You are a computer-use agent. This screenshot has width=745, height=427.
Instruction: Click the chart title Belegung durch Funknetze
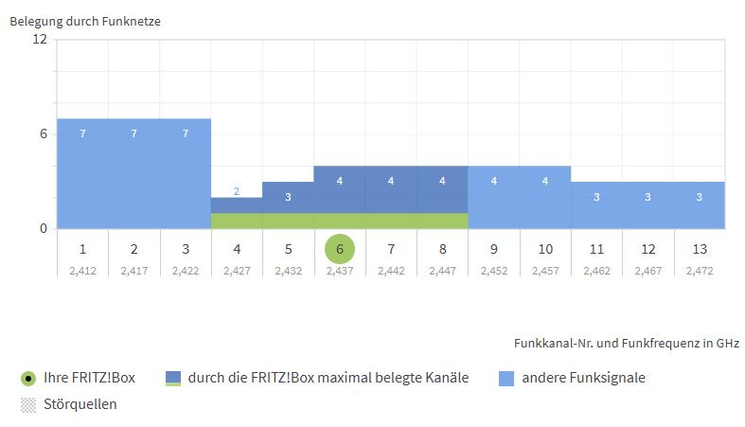[85, 22]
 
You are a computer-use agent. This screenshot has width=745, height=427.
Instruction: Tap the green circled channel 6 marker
[340, 249]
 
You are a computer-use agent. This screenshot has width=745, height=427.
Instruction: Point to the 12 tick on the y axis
[39, 39]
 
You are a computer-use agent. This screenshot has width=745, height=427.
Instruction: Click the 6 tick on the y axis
[43, 133]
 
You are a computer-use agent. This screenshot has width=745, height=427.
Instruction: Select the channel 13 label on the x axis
[700, 249]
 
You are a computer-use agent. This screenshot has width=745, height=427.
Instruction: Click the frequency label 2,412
[82, 270]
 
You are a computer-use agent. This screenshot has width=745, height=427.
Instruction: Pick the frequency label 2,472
[700, 270]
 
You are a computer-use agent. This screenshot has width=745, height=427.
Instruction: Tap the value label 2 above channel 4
[237, 190]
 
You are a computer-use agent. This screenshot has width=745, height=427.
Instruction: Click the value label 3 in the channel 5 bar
[288, 197]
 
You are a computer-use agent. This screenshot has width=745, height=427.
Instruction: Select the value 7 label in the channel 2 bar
[133, 133]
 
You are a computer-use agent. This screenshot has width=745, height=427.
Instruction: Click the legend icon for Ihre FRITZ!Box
[28, 379]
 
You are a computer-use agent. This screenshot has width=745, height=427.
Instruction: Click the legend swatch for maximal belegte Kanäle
[173, 379]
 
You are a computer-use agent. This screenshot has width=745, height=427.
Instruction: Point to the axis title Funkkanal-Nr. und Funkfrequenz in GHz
[627, 342]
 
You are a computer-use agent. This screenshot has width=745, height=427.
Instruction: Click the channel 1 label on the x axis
[82, 249]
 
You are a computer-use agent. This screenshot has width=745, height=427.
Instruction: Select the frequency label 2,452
[494, 270]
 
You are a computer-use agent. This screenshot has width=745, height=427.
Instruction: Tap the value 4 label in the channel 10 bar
[545, 181]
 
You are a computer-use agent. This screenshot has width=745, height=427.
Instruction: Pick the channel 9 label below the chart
[494, 249]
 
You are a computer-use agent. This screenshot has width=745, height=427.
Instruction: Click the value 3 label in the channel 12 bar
[648, 197]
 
